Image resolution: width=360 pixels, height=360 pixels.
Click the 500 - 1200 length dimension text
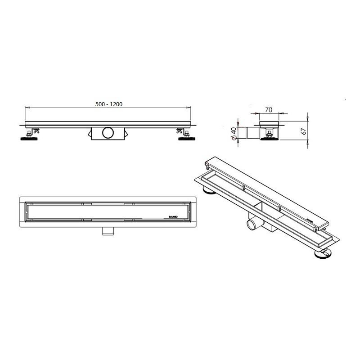click(x=109, y=104)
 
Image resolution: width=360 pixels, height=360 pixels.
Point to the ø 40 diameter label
click(x=234, y=133)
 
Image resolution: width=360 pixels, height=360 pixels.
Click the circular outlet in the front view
click(x=108, y=133)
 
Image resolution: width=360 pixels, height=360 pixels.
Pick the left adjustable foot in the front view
click(x=30, y=138)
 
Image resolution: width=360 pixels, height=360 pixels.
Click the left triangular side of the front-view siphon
click(x=89, y=133)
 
